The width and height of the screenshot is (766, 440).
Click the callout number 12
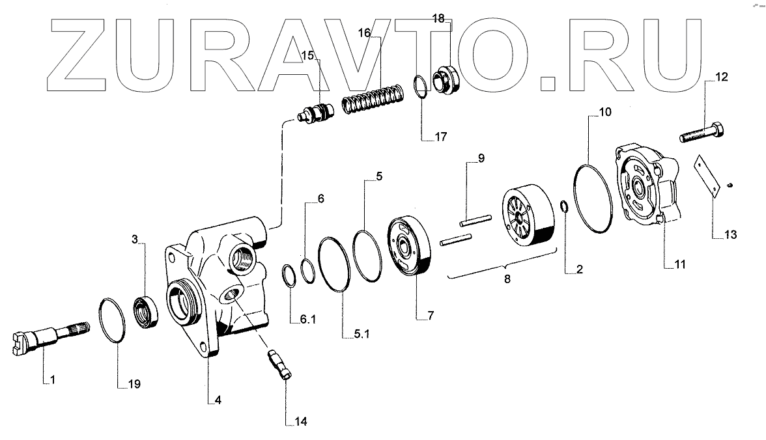(x=722, y=77)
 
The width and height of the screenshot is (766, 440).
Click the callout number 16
(x=364, y=32)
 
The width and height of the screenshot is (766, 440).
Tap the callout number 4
(x=218, y=400)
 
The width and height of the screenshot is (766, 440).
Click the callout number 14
(x=300, y=421)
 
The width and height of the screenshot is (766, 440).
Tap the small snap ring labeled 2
(x=564, y=208)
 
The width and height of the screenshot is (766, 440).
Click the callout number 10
(x=605, y=112)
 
